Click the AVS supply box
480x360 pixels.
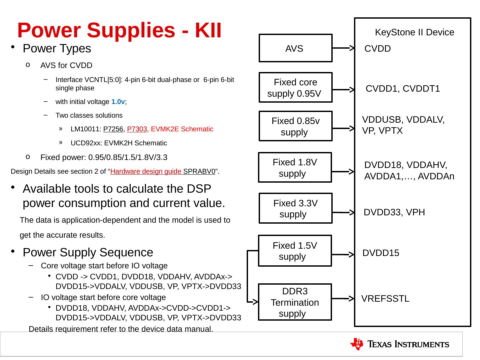point(295,48)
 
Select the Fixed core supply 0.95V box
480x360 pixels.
point(295,87)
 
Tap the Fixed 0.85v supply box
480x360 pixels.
point(295,126)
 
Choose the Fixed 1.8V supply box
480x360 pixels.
point(295,168)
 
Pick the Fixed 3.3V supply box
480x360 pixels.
point(295,208)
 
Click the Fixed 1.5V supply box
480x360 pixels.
point(295,251)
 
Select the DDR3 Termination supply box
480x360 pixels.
point(295,302)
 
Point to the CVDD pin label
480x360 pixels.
point(377,49)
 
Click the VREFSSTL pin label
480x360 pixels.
point(385,299)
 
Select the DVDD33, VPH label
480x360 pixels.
point(394,212)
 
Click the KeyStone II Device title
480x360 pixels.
point(414,32)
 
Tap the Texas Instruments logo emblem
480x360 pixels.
point(357,344)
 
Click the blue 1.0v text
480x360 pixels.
point(118,102)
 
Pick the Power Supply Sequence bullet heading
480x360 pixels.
point(88,252)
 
